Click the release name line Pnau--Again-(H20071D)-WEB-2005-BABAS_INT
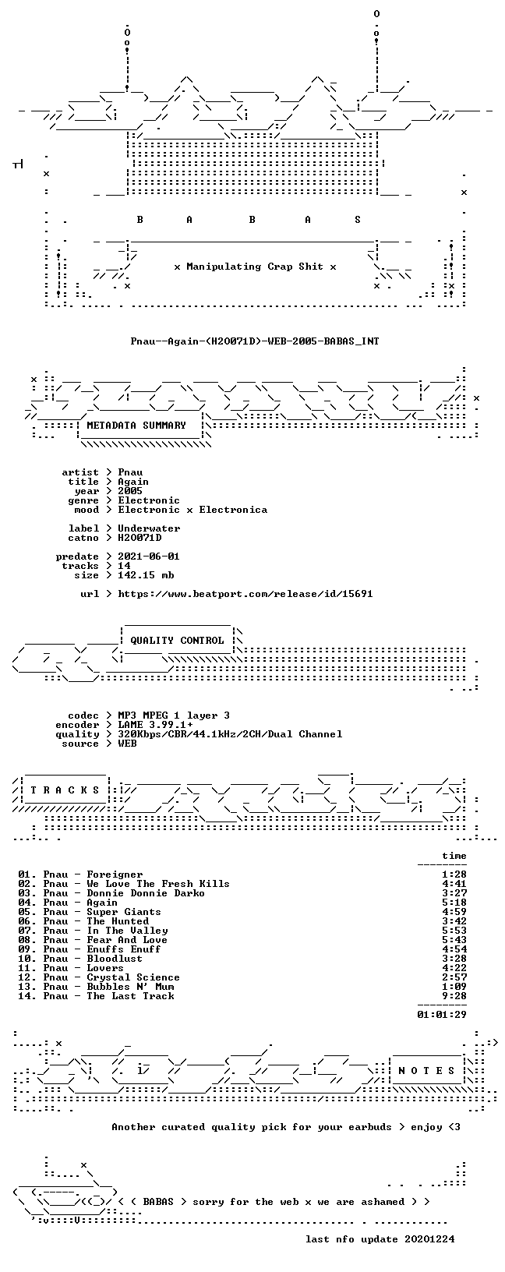255,341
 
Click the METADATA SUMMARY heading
136,426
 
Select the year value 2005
130,491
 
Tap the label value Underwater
149,528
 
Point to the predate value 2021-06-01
149,556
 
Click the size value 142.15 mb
146,575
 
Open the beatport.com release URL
245,594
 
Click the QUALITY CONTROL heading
177,641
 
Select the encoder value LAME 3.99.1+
155,725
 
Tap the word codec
83,715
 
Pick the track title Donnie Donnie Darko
146,893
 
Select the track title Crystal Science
133,977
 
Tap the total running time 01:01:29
441,1015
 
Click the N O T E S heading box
426,1071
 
